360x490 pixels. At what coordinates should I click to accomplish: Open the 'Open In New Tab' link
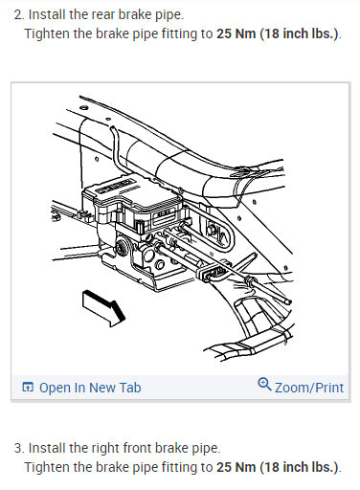[x=90, y=388]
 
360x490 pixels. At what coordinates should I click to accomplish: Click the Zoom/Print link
[x=309, y=388]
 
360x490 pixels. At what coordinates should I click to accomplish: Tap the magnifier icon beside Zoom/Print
[x=264, y=386]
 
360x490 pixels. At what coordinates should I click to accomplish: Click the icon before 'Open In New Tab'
[x=28, y=388]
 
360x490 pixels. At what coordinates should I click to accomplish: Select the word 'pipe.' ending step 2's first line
[x=188, y=15]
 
